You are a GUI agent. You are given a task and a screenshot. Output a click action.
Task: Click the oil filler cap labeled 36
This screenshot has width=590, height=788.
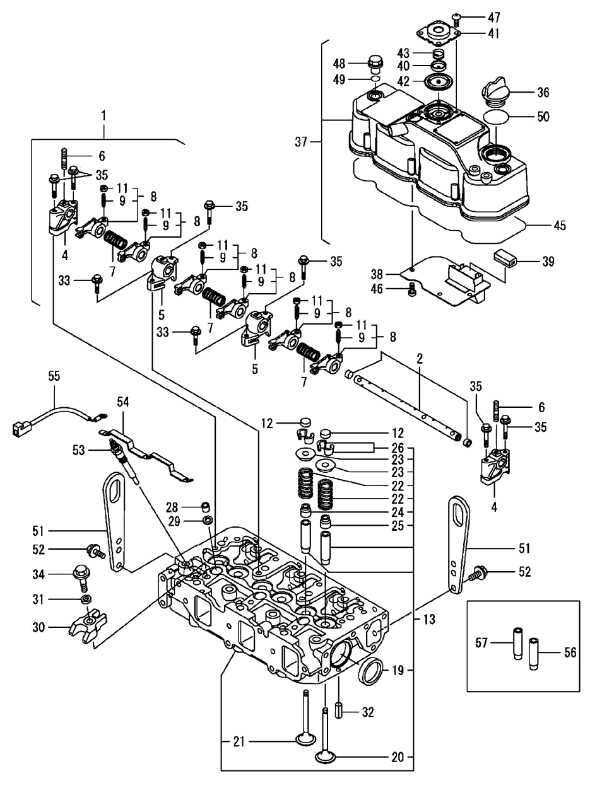(x=497, y=92)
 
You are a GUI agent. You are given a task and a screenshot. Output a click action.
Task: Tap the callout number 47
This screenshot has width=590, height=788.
(x=494, y=17)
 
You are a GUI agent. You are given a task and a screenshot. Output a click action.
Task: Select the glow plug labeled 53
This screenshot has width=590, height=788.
(x=125, y=463)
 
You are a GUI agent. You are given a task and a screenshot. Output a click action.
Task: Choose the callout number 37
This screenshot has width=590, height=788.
(x=301, y=142)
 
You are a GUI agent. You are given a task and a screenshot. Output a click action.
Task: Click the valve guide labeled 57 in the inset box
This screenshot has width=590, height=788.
(x=517, y=643)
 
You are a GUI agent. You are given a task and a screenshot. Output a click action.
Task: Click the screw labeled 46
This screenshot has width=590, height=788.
(x=413, y=289)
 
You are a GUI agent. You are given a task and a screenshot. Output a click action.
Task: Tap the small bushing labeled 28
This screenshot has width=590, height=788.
(x=205, y=507)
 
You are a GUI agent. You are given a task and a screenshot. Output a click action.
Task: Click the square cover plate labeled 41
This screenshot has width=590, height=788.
(x=439, y=33)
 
